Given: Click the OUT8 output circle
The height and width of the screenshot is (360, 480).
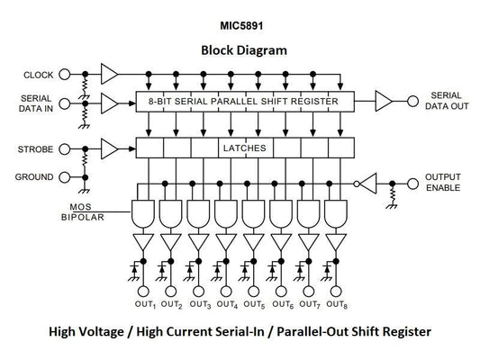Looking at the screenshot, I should pyautogui.click(x=337, y=292).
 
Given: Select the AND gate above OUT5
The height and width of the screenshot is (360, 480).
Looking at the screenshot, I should pyautogui.click(x=254, y=214).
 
